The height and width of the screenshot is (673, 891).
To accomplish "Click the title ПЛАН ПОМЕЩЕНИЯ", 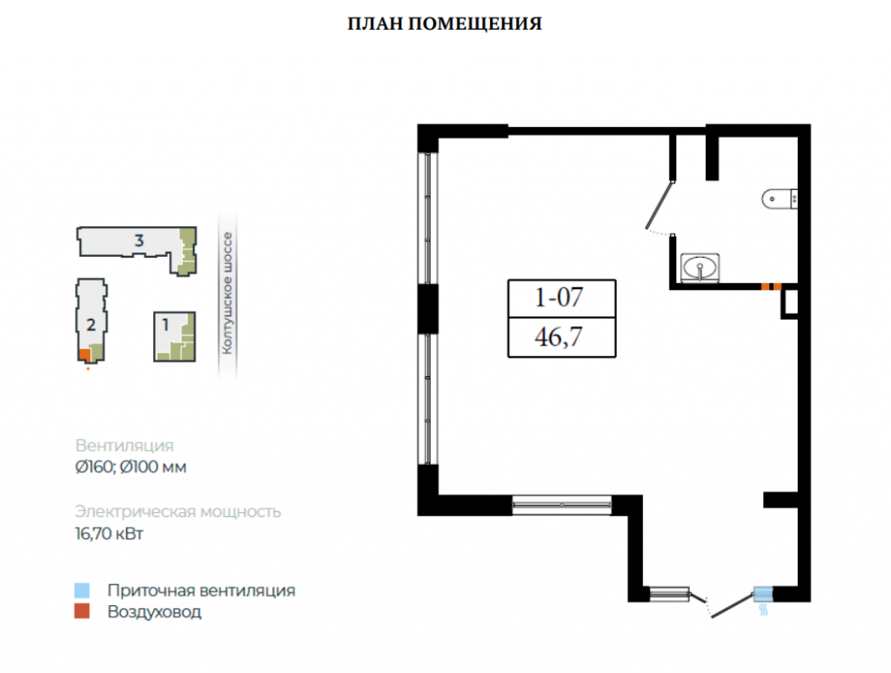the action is (445, 24).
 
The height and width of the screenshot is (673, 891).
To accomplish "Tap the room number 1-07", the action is (559, 297).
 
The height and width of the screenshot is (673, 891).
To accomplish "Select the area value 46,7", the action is (559, 337).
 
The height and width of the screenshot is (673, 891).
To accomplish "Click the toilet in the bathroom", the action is (780, 199).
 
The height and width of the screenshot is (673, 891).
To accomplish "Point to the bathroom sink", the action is (700, 267).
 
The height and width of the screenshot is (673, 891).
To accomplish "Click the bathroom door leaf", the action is (660, 205).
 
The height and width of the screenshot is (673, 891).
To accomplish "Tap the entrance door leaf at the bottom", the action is (733, 606).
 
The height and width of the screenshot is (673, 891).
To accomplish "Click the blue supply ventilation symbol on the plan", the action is (763, 595).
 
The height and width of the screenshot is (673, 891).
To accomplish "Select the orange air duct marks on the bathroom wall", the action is (771, 286).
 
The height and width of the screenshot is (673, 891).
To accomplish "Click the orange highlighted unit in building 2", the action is (84, 355).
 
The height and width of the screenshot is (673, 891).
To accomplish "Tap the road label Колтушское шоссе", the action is (227, 293).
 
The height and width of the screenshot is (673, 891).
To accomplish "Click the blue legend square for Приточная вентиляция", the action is (82, 590).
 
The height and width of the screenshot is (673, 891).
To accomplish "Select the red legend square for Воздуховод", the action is (82, 611).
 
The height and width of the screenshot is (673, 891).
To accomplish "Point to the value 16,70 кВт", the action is (109, 534).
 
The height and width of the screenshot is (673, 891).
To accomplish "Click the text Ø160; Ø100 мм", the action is (131, 467).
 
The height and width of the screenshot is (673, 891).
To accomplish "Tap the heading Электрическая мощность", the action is (178, 512).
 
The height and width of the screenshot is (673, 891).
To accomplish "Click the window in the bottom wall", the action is (561, 505).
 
